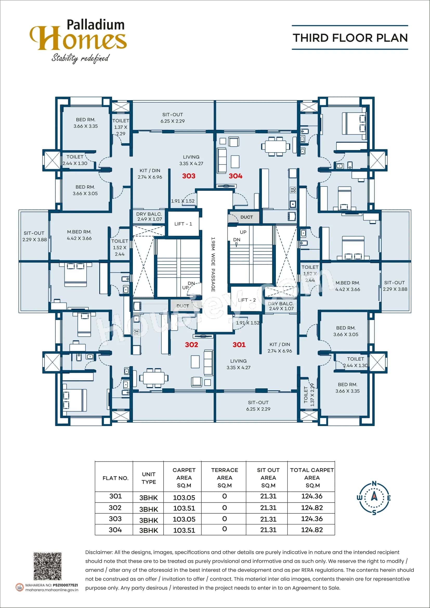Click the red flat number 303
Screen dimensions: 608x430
(188, 176)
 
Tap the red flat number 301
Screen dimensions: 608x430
(239, 344)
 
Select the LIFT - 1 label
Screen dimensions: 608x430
(183, 224)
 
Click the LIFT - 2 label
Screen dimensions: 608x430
(247, 300)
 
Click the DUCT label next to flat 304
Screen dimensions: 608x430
(246, 217)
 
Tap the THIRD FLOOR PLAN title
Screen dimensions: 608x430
(350, 38)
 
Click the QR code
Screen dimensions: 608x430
(47, 566)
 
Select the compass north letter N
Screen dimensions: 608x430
(374, 483)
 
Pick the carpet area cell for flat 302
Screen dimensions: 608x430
(184, 508)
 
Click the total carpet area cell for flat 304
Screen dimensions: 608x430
(312, 530)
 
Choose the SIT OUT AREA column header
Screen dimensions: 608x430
(268, 478)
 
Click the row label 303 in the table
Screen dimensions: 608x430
(115, 519)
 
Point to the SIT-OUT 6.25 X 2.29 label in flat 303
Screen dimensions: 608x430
(172, 118)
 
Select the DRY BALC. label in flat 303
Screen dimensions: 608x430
(149, 216)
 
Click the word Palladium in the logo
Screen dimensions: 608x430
(96, 25)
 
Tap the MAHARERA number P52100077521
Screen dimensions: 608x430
(66, 585)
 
